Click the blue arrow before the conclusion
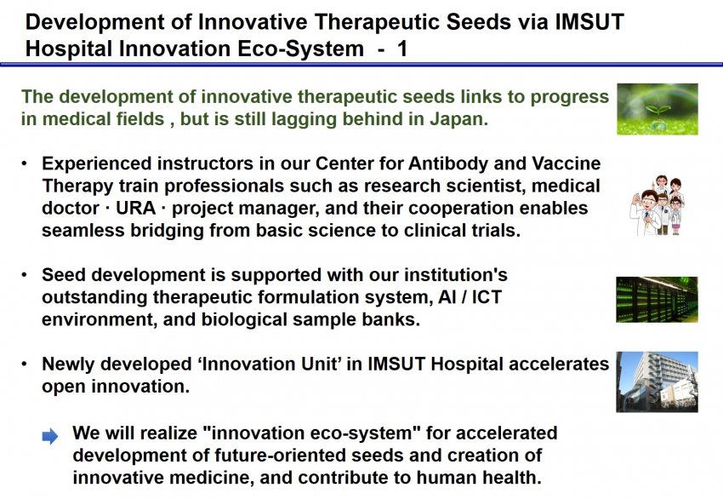tap(50, 436)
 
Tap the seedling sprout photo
tap(657, 109)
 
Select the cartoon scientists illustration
tap(657, 205)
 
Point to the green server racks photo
tap(657, 300)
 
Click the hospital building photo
tap(657, 381)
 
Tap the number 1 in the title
tap(402, 49)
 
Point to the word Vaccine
tap(566, 163)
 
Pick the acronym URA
tap(135, 208)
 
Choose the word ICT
tap(487, 297)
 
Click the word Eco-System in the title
tap(300, 49)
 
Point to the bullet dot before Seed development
tap(25, 275)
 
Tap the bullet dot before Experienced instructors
tap(25, 163)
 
